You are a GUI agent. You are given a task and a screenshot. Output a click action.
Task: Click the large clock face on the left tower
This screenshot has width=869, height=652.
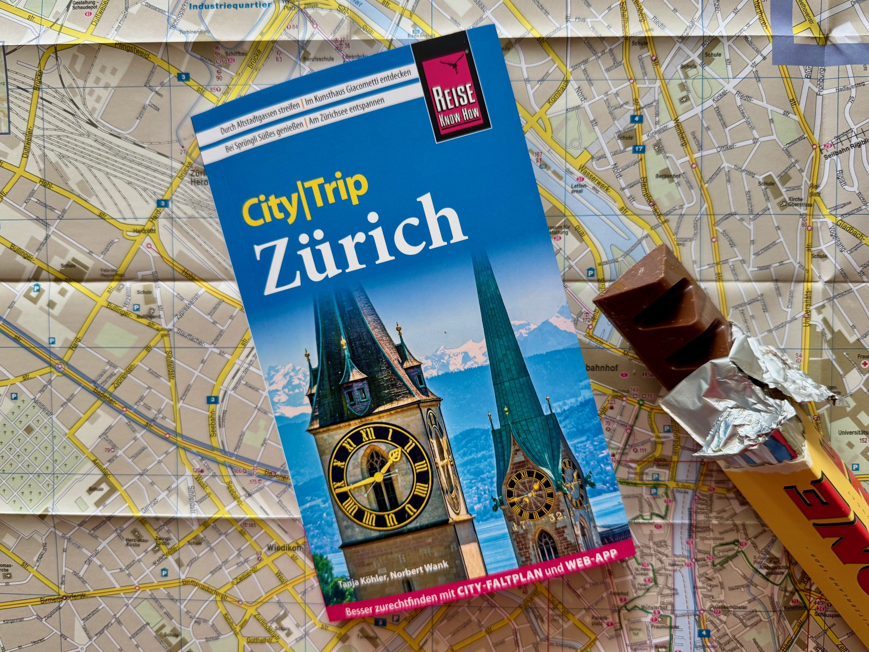tap(379, 478)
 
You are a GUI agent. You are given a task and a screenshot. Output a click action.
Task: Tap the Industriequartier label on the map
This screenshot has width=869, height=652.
tap(230, 6)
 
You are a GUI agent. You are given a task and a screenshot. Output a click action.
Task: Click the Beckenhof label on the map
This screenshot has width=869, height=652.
tap(668, 176)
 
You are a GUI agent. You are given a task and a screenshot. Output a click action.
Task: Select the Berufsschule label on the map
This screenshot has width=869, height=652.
tap(318, 59)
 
